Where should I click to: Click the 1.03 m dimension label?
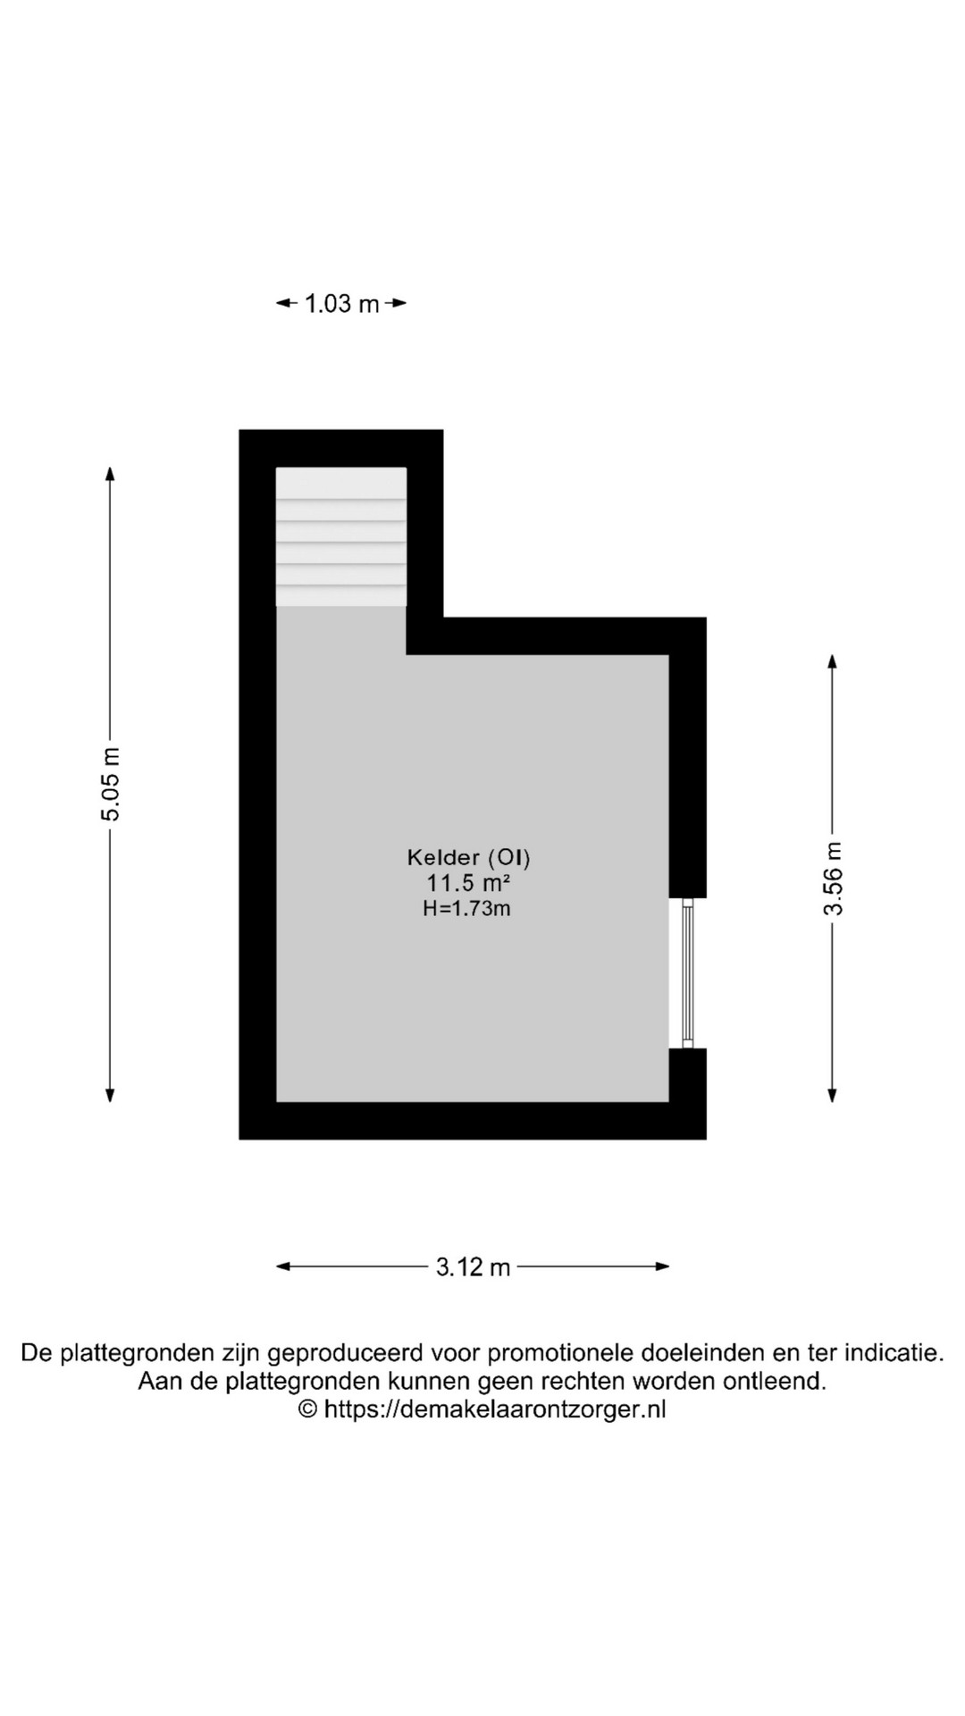(342, 304)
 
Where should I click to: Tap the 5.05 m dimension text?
(110, 784)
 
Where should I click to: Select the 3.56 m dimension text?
(833, 879)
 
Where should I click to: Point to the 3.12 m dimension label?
(473, 1266)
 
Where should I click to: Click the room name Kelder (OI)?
(469, 858)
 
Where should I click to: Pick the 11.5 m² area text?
(468, 884)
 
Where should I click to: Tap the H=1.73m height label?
(466, 909)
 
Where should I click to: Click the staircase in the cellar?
(341, 537)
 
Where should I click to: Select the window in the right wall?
(687, 972)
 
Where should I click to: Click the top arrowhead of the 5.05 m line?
(110, 474)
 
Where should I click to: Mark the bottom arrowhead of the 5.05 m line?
(110, 1095)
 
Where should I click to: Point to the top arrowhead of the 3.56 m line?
(833, 661)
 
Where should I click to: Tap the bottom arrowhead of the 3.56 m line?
(833, 1095)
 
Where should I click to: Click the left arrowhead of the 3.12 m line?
(284, 1266)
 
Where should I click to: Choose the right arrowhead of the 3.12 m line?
(661, 1266)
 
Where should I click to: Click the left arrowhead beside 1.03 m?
(284, 304)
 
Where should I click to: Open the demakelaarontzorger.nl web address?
(494, 1409)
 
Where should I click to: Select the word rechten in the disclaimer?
(583, 1381)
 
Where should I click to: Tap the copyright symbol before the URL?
(307, 1409)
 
